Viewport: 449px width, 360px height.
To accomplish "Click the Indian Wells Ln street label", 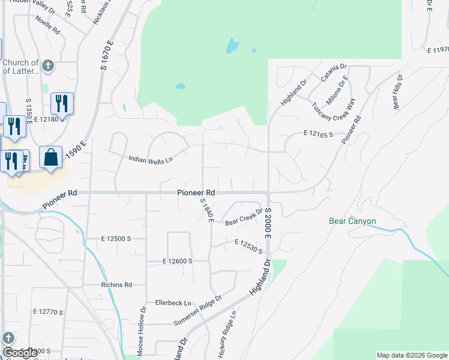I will click(151, 159).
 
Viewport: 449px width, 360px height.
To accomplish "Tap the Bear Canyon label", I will click(352, 221).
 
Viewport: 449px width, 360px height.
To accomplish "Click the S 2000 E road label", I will click(268, 221).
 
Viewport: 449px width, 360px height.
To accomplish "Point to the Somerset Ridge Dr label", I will click(198, 310).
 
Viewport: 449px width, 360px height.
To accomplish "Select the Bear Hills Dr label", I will click(397, 92).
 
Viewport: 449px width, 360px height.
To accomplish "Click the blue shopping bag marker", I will click(51, 157).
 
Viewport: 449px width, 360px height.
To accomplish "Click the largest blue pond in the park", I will click(231, 46).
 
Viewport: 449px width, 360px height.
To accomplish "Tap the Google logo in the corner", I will click(20, 353).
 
